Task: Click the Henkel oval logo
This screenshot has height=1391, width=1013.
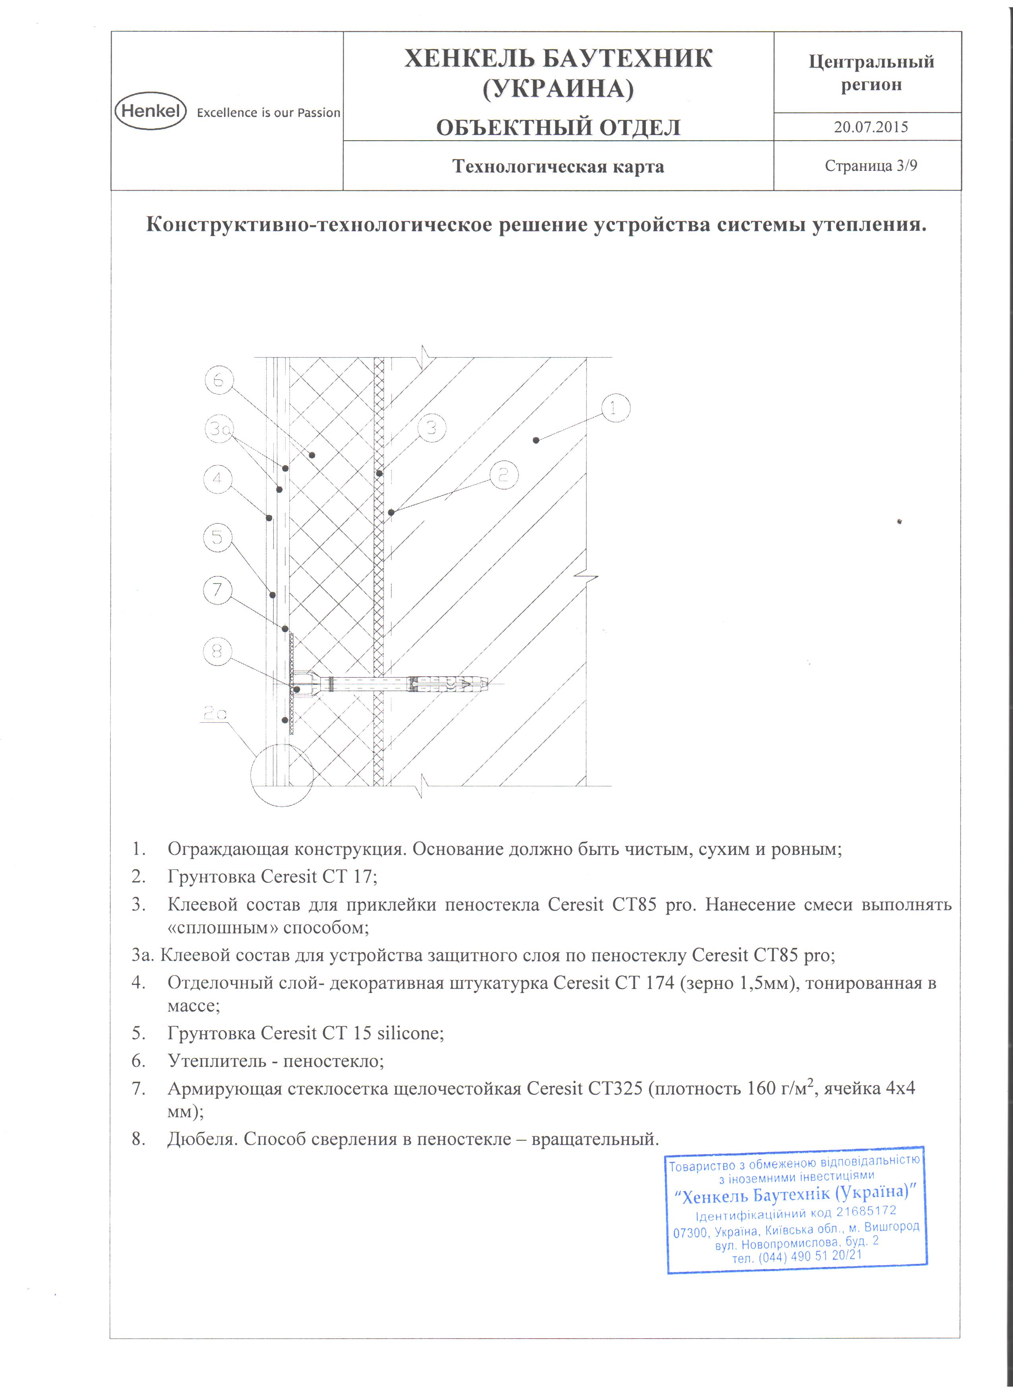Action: click(150, 111)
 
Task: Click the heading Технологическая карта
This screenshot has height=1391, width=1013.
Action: click(558, 167)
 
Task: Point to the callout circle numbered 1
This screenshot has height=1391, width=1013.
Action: click(616, 408)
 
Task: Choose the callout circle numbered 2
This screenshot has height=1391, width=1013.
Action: click(503, 475)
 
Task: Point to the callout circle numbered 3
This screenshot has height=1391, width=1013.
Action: click(432, 428)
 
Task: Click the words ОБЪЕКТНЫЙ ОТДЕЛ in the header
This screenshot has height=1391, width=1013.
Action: click(558, 128)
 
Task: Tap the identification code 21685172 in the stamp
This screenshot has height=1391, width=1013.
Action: click(866, 1211)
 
